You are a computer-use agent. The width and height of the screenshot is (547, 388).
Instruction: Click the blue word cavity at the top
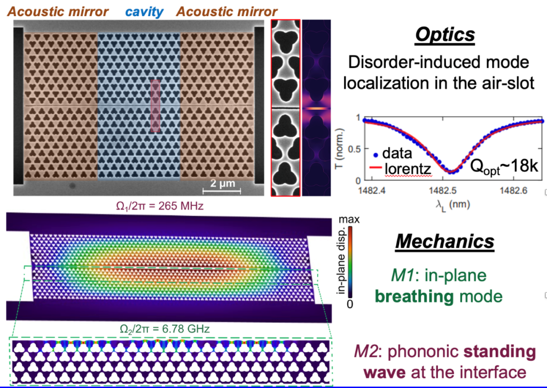pyautogui.click(x=143, y=11)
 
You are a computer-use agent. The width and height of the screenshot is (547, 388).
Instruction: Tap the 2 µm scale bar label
pyautogui.click(x=221, y=184)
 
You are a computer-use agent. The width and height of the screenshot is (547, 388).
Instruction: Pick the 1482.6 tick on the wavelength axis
pyautogui.click(x=515, y=191)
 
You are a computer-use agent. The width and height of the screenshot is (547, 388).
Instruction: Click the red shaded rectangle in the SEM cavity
pyautogui.click(x=155, y=105)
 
